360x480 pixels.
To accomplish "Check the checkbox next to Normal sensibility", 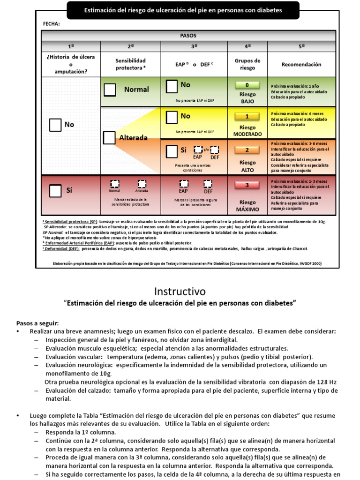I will [x=110, y=90].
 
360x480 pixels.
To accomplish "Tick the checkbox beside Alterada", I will [x=109, y=138].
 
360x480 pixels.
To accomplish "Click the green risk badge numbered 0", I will [x=247, y=85].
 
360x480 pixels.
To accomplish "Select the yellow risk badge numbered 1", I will [x=247, y=117].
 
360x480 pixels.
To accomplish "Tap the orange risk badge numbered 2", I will [x=247, y=150].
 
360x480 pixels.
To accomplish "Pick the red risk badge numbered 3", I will [x=247, y=185].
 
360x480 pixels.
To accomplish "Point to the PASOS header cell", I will [x=188, y=36].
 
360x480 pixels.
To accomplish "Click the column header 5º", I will [x=301, y=46].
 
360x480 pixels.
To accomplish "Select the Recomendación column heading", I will [x=301, y=64].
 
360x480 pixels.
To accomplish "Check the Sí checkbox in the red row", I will [x=55, y=191].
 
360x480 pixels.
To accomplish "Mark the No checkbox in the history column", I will [x=55, y=125].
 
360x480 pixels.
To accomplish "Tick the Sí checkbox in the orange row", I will [x=172, y=151].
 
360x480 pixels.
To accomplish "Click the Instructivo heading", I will [x=180, y=291].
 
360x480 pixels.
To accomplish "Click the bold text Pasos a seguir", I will [x=37, y=323].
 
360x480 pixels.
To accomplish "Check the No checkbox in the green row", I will [x=172, y=86].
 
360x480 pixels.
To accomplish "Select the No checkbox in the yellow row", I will [x=172, y=116].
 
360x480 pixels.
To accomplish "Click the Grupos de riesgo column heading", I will [x=247, y=64].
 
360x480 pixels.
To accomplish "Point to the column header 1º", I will [x=71, y=46].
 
